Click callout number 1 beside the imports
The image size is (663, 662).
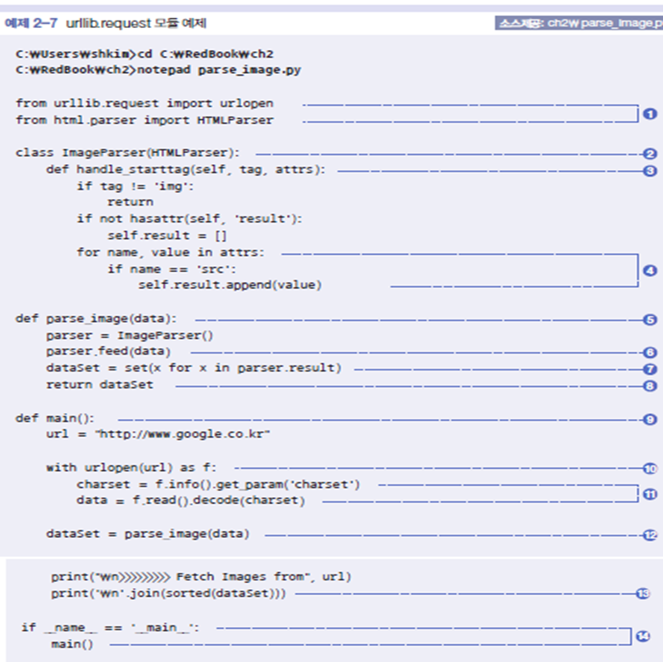point(649,112)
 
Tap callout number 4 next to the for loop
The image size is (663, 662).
point(649,271)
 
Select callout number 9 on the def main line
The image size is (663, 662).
point(649,419)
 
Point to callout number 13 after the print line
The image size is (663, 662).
point(643,593)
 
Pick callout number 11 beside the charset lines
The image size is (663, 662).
point(649,493)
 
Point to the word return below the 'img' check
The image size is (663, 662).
point(130,203)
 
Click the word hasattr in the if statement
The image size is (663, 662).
point(153,219)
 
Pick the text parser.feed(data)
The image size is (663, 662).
point(108,352)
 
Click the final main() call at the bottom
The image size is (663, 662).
point(72,644)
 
